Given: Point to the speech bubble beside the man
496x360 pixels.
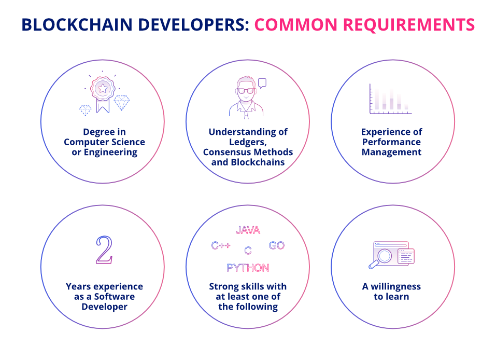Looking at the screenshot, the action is (262, 82).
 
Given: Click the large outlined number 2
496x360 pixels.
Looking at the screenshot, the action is (104, 250).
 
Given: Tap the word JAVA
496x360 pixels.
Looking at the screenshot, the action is (248, 230).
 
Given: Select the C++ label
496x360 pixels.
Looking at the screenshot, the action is (221, 245).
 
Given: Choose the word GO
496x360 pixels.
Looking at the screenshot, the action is (277, 245).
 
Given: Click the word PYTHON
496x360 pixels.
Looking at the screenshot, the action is (248, 268).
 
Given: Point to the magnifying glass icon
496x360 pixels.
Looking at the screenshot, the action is (382, 257).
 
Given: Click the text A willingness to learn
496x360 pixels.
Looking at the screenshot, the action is (391, 292).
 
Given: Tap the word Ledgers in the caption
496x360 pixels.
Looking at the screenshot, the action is (248, 142).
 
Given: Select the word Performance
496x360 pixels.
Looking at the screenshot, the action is (391, 142).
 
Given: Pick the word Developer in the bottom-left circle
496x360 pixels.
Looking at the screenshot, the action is (104, 307).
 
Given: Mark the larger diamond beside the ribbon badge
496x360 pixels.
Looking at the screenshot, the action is (122, 102).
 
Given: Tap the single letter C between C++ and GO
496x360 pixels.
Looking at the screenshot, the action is (248, 251).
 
